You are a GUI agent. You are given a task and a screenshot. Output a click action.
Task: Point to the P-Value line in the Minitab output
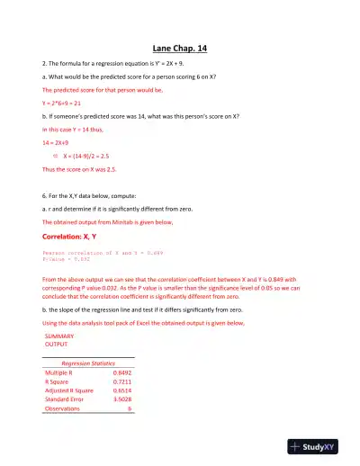tap(64, 260)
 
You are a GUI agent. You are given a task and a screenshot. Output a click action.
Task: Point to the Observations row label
tap(62, 408)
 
